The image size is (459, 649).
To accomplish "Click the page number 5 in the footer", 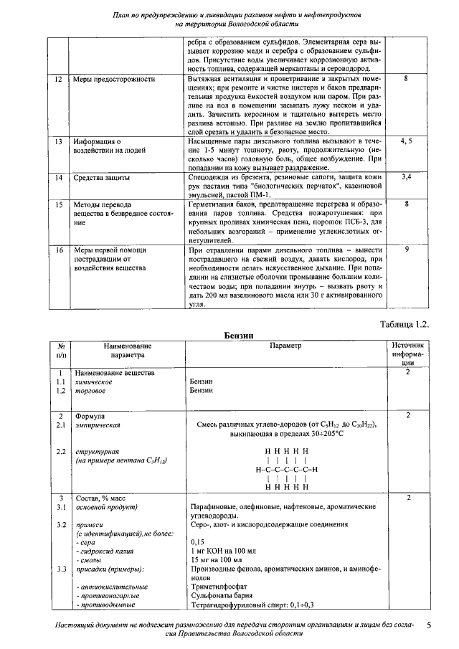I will click(428, 626).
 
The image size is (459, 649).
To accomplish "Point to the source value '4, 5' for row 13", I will click(406, 141).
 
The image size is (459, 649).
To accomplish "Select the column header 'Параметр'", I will click(286, 346).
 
